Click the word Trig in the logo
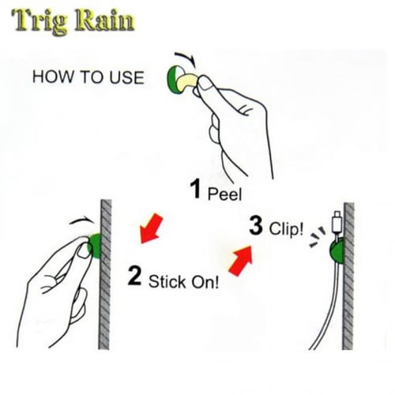[x=40, y=22]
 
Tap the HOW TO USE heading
[x=88, y=77]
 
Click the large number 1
[x=195, y=189]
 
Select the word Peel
[x=224, y=194]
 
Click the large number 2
[x=134, y=276]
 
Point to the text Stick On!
[x=183, y=281]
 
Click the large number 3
[x=256, y=226]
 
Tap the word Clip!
[x=286, y=228]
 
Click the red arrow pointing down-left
[x=151, y=229]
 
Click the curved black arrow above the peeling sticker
[x=186, y=58]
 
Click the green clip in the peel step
[x=173, y=80]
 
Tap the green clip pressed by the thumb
[x=96, y=246]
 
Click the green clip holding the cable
[x=337, y=250]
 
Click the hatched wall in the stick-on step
[x=105, y=274]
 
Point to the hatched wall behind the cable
[x=348, y=276]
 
